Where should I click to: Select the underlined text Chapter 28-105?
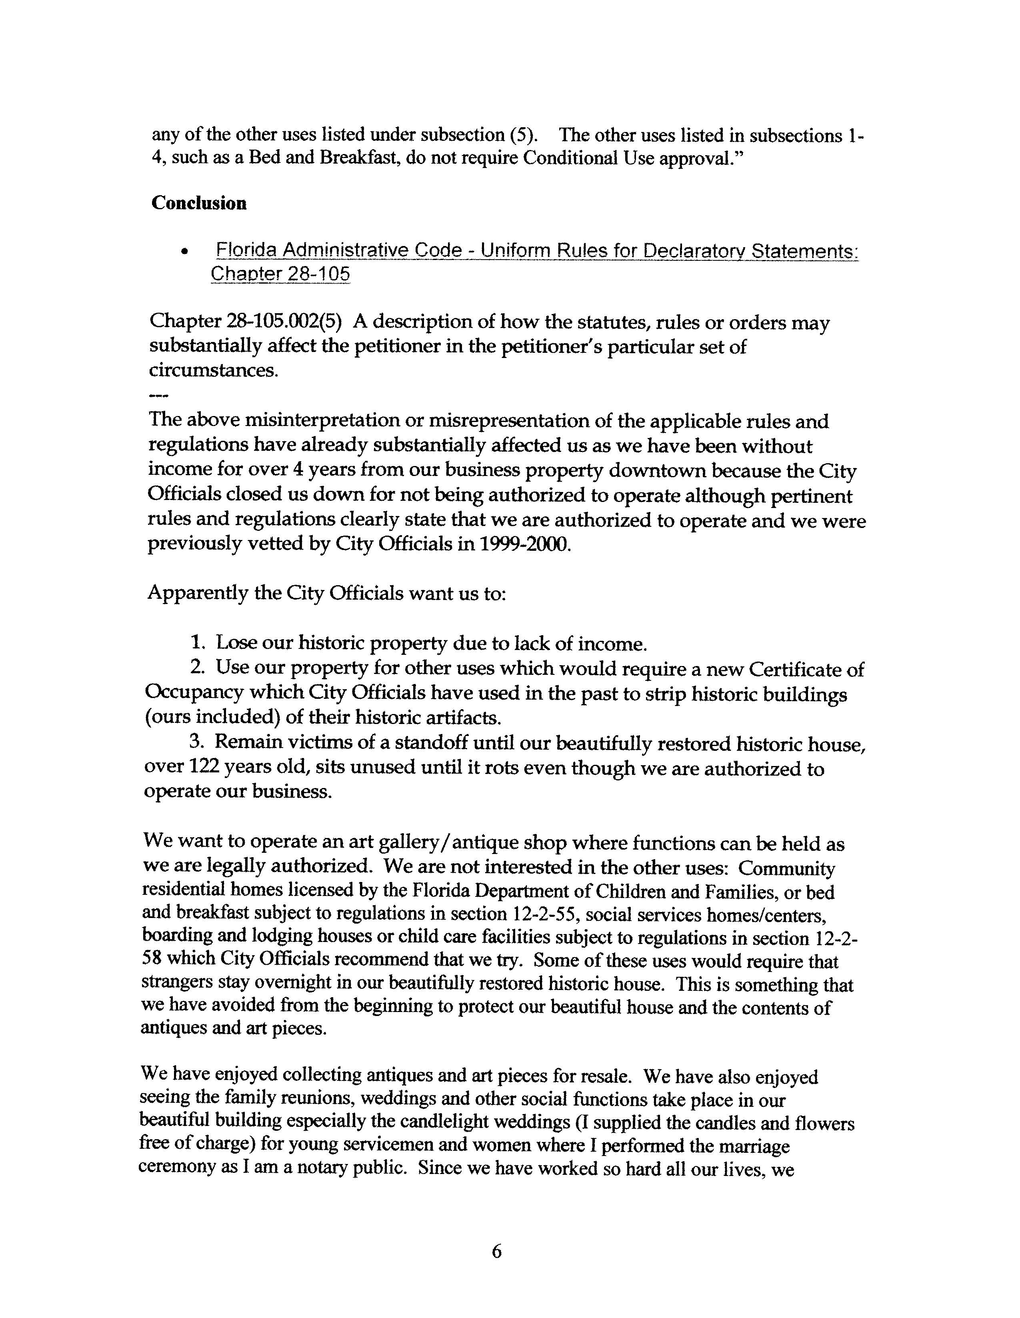280,274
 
